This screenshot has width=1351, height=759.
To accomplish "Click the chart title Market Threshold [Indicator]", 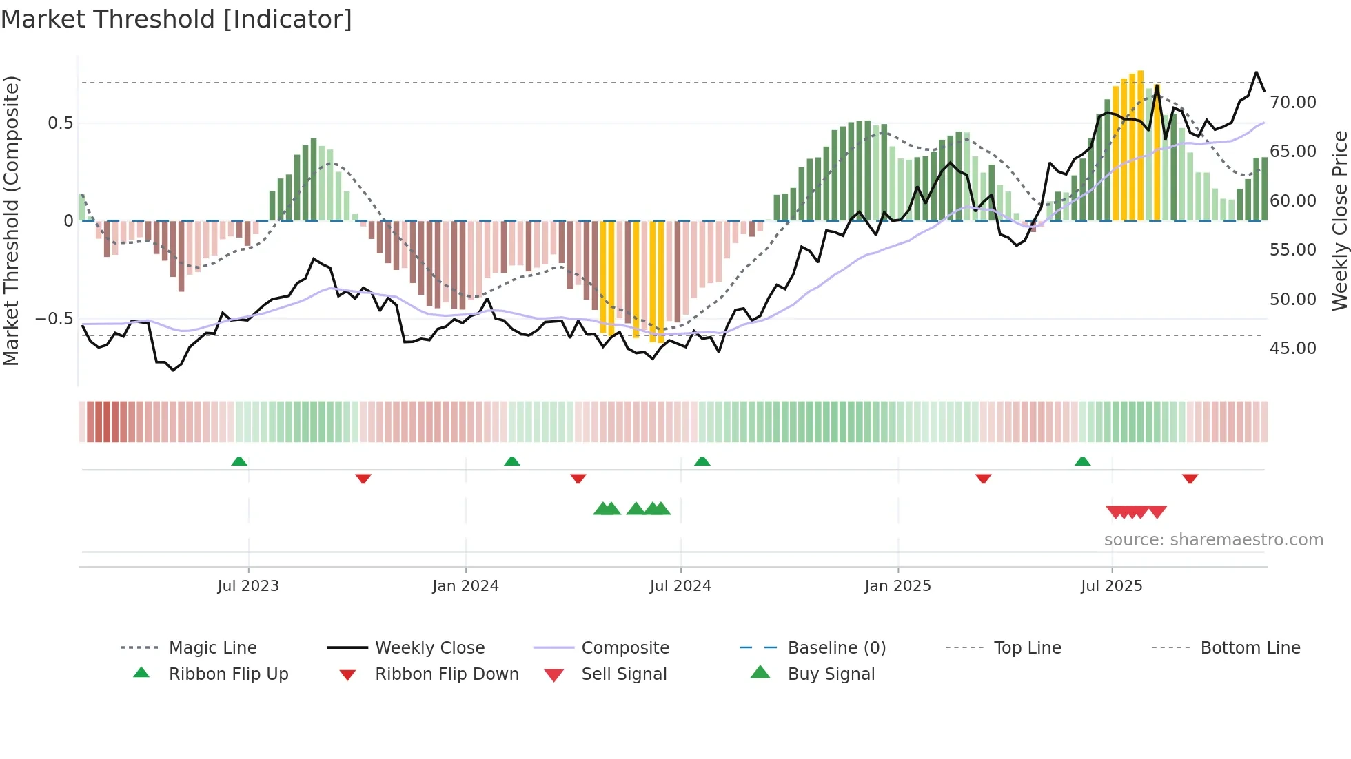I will (176, 19).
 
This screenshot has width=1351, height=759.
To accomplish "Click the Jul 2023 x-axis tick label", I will (248, 586).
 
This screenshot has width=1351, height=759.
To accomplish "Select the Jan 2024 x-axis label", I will (465, 586).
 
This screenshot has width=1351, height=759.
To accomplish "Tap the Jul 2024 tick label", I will (680, 586).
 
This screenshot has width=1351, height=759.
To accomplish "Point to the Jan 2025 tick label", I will (897, 586).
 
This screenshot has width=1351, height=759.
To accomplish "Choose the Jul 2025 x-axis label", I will (1111, 586).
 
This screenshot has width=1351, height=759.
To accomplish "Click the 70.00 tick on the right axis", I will (1292, 103).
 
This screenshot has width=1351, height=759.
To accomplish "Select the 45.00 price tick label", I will (1292, 349).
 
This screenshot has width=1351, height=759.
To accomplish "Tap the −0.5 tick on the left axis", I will (54, 319).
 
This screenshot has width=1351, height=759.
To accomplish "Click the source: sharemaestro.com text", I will (1213, 540).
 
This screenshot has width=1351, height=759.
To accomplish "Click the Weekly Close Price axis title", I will (1339, 220).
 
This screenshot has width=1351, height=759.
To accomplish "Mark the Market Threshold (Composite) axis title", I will (11, 220).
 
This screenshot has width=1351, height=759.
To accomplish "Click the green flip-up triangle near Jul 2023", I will (239, 461).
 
